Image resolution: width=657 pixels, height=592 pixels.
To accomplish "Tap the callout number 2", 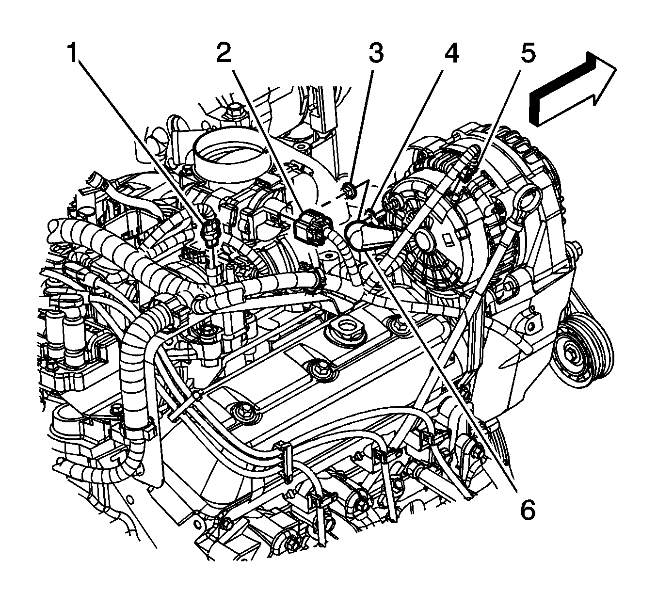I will click(x=224, y=53).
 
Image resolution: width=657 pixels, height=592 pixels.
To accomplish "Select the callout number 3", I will click(x=376, y=53).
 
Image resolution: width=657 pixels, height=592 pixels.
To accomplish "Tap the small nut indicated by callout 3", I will click(x=349, y=190).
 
